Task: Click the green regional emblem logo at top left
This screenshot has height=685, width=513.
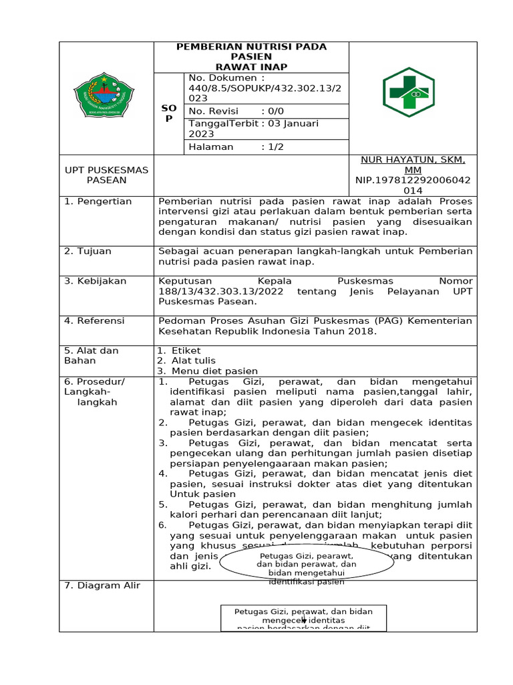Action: pyautogui.click(x=106, y=97)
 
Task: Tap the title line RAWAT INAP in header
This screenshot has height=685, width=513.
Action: pyautogui.click(x=250, y=67)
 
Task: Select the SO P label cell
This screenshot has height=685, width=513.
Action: pyautogui.click(x=169, y=113)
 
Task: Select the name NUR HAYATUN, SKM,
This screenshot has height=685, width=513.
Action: pyautogui.click(x=413, y=161)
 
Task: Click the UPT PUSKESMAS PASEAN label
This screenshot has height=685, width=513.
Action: pyautogui.click(x=106, y=175)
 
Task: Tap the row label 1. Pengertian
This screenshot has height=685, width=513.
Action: pyautogui.click(x=98, y=201)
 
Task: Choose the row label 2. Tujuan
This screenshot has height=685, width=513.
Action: pyautogui.click(x=88, y=252)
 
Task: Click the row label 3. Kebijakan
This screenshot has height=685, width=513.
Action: pyautogui.click(x=95, y=282)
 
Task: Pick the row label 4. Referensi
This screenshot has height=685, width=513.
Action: pyautogui.click(x=94, y=321)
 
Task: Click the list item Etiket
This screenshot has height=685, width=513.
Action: pyautogui.click(x=186, y=351)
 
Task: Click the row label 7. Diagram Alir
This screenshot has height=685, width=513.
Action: pyautogui.click(x=102, y=586)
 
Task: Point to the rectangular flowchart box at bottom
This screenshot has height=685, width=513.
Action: pyautogui.click(x=303, y=618)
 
